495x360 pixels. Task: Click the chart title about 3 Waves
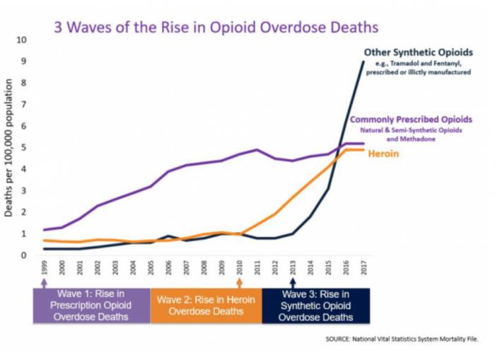216,27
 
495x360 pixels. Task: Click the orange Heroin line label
385,153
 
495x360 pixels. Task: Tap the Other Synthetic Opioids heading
418,52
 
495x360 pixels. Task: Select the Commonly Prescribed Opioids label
412,119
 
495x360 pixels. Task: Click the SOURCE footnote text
402,340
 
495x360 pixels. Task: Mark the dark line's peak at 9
363,62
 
